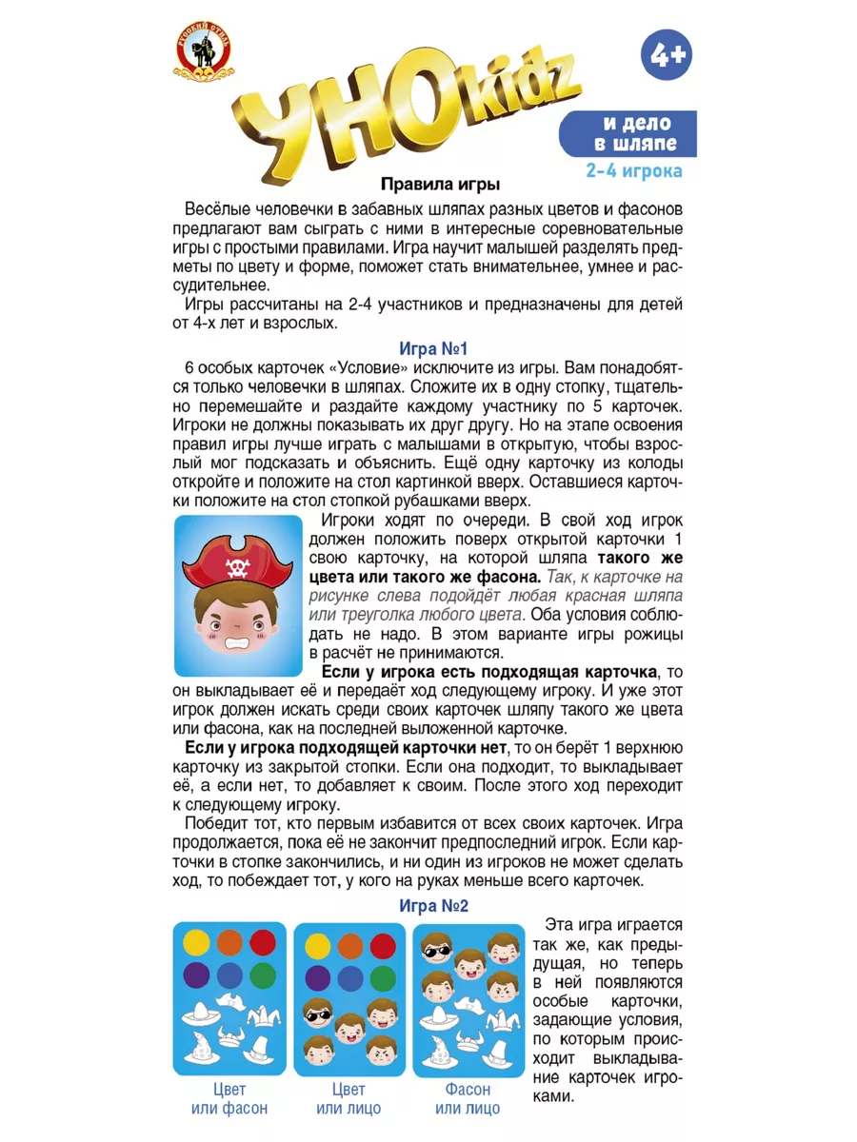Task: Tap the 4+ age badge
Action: pos(666,56)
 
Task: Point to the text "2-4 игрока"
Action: pos(634,172)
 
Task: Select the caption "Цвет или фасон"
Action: pos(229,1098)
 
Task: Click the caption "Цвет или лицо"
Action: pos(349,1098)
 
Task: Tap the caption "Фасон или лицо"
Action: pos(468,1098)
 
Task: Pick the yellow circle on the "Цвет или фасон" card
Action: pos(196,942)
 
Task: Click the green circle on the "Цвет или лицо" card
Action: pos(382,977)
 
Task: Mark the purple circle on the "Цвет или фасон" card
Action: pos(196,975)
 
